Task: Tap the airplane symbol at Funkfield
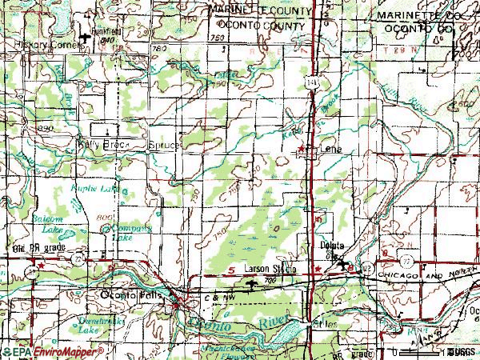pos(86,38)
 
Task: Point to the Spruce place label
pos(165,146)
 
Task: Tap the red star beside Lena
pos(302,149)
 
